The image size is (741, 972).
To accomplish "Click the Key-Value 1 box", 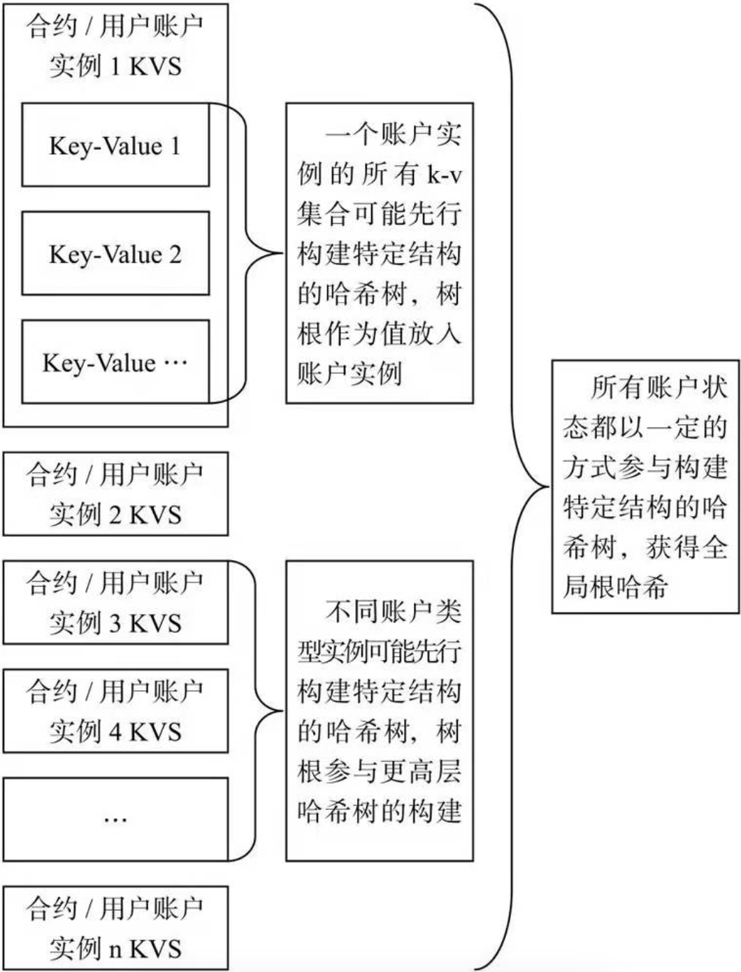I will point(115,145).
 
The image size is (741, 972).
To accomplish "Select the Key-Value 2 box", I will point(115,253).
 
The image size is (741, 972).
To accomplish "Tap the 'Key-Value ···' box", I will point(115,362).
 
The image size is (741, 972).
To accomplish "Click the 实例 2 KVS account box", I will point(115,494).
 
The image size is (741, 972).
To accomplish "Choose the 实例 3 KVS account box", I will point(115,602).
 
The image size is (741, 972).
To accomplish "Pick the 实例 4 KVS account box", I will point(115,710).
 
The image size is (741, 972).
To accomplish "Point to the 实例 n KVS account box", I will point(115,928).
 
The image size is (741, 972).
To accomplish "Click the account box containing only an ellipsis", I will point(115,819).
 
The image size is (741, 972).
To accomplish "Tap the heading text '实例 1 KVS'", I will point(115,66).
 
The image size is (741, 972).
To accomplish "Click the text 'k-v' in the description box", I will point(445,174).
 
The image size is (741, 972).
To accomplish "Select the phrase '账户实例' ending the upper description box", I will point(350,373).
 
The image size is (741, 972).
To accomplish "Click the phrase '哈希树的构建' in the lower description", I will point(380,811).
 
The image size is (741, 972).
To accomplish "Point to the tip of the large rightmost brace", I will point(548,487).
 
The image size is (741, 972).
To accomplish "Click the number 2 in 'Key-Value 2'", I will point(174,254).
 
